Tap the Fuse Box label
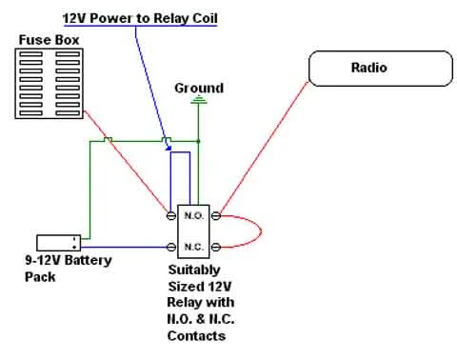49,40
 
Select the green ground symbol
199,100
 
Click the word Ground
199,88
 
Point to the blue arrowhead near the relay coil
169,148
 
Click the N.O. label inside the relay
193,216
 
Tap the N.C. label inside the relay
193,247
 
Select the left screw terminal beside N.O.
171,216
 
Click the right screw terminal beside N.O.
216,216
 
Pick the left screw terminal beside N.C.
171,247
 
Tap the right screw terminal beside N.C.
216,247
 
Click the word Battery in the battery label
88,261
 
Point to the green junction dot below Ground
199,141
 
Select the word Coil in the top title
205,18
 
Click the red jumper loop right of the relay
261,231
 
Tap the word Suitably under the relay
194,270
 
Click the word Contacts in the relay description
196,336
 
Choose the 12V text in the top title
74,18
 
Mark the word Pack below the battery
40,277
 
